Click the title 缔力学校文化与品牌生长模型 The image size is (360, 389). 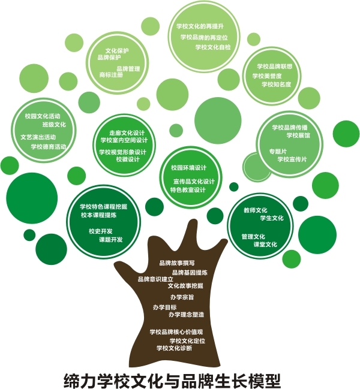point(173,380)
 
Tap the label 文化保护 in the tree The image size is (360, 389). point(117,51)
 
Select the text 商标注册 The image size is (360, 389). point(111,76)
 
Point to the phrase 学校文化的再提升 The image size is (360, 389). point(200,27)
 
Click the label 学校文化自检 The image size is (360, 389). point(213,47)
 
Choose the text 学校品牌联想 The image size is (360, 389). point(274,67)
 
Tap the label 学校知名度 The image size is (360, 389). point(277,85)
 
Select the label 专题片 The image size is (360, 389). point(278,151)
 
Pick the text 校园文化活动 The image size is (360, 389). point(43,115)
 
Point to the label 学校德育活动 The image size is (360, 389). point(49,146)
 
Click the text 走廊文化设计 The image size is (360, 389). point(127,132)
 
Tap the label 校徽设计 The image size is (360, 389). point(128,159)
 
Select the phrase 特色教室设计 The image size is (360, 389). point(188,189)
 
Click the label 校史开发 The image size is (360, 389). point(101,231)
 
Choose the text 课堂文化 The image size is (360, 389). point(265,244)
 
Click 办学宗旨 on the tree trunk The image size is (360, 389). point(182,297)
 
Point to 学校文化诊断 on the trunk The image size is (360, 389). point(174,348)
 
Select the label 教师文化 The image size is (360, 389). point(255,210)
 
